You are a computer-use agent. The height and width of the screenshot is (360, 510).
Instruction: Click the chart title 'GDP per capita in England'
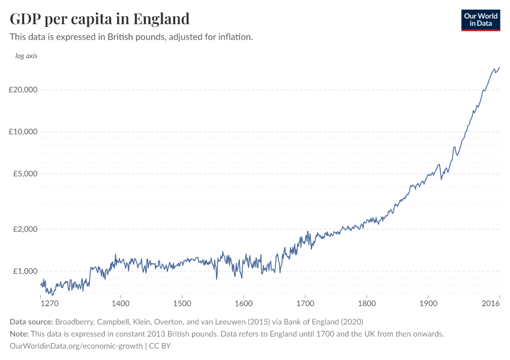[x=100, y=19]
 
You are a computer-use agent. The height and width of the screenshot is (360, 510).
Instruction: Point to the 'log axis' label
[x=26, y=56]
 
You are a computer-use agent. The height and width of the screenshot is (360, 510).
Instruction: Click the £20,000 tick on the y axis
[x=23, y=90]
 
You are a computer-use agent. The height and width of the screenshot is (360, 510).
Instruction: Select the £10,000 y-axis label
[x=23, y=132]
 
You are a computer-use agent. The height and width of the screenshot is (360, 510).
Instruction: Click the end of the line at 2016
[x=499, y=68]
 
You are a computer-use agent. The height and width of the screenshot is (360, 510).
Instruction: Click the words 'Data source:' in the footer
[x=31, y=322]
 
